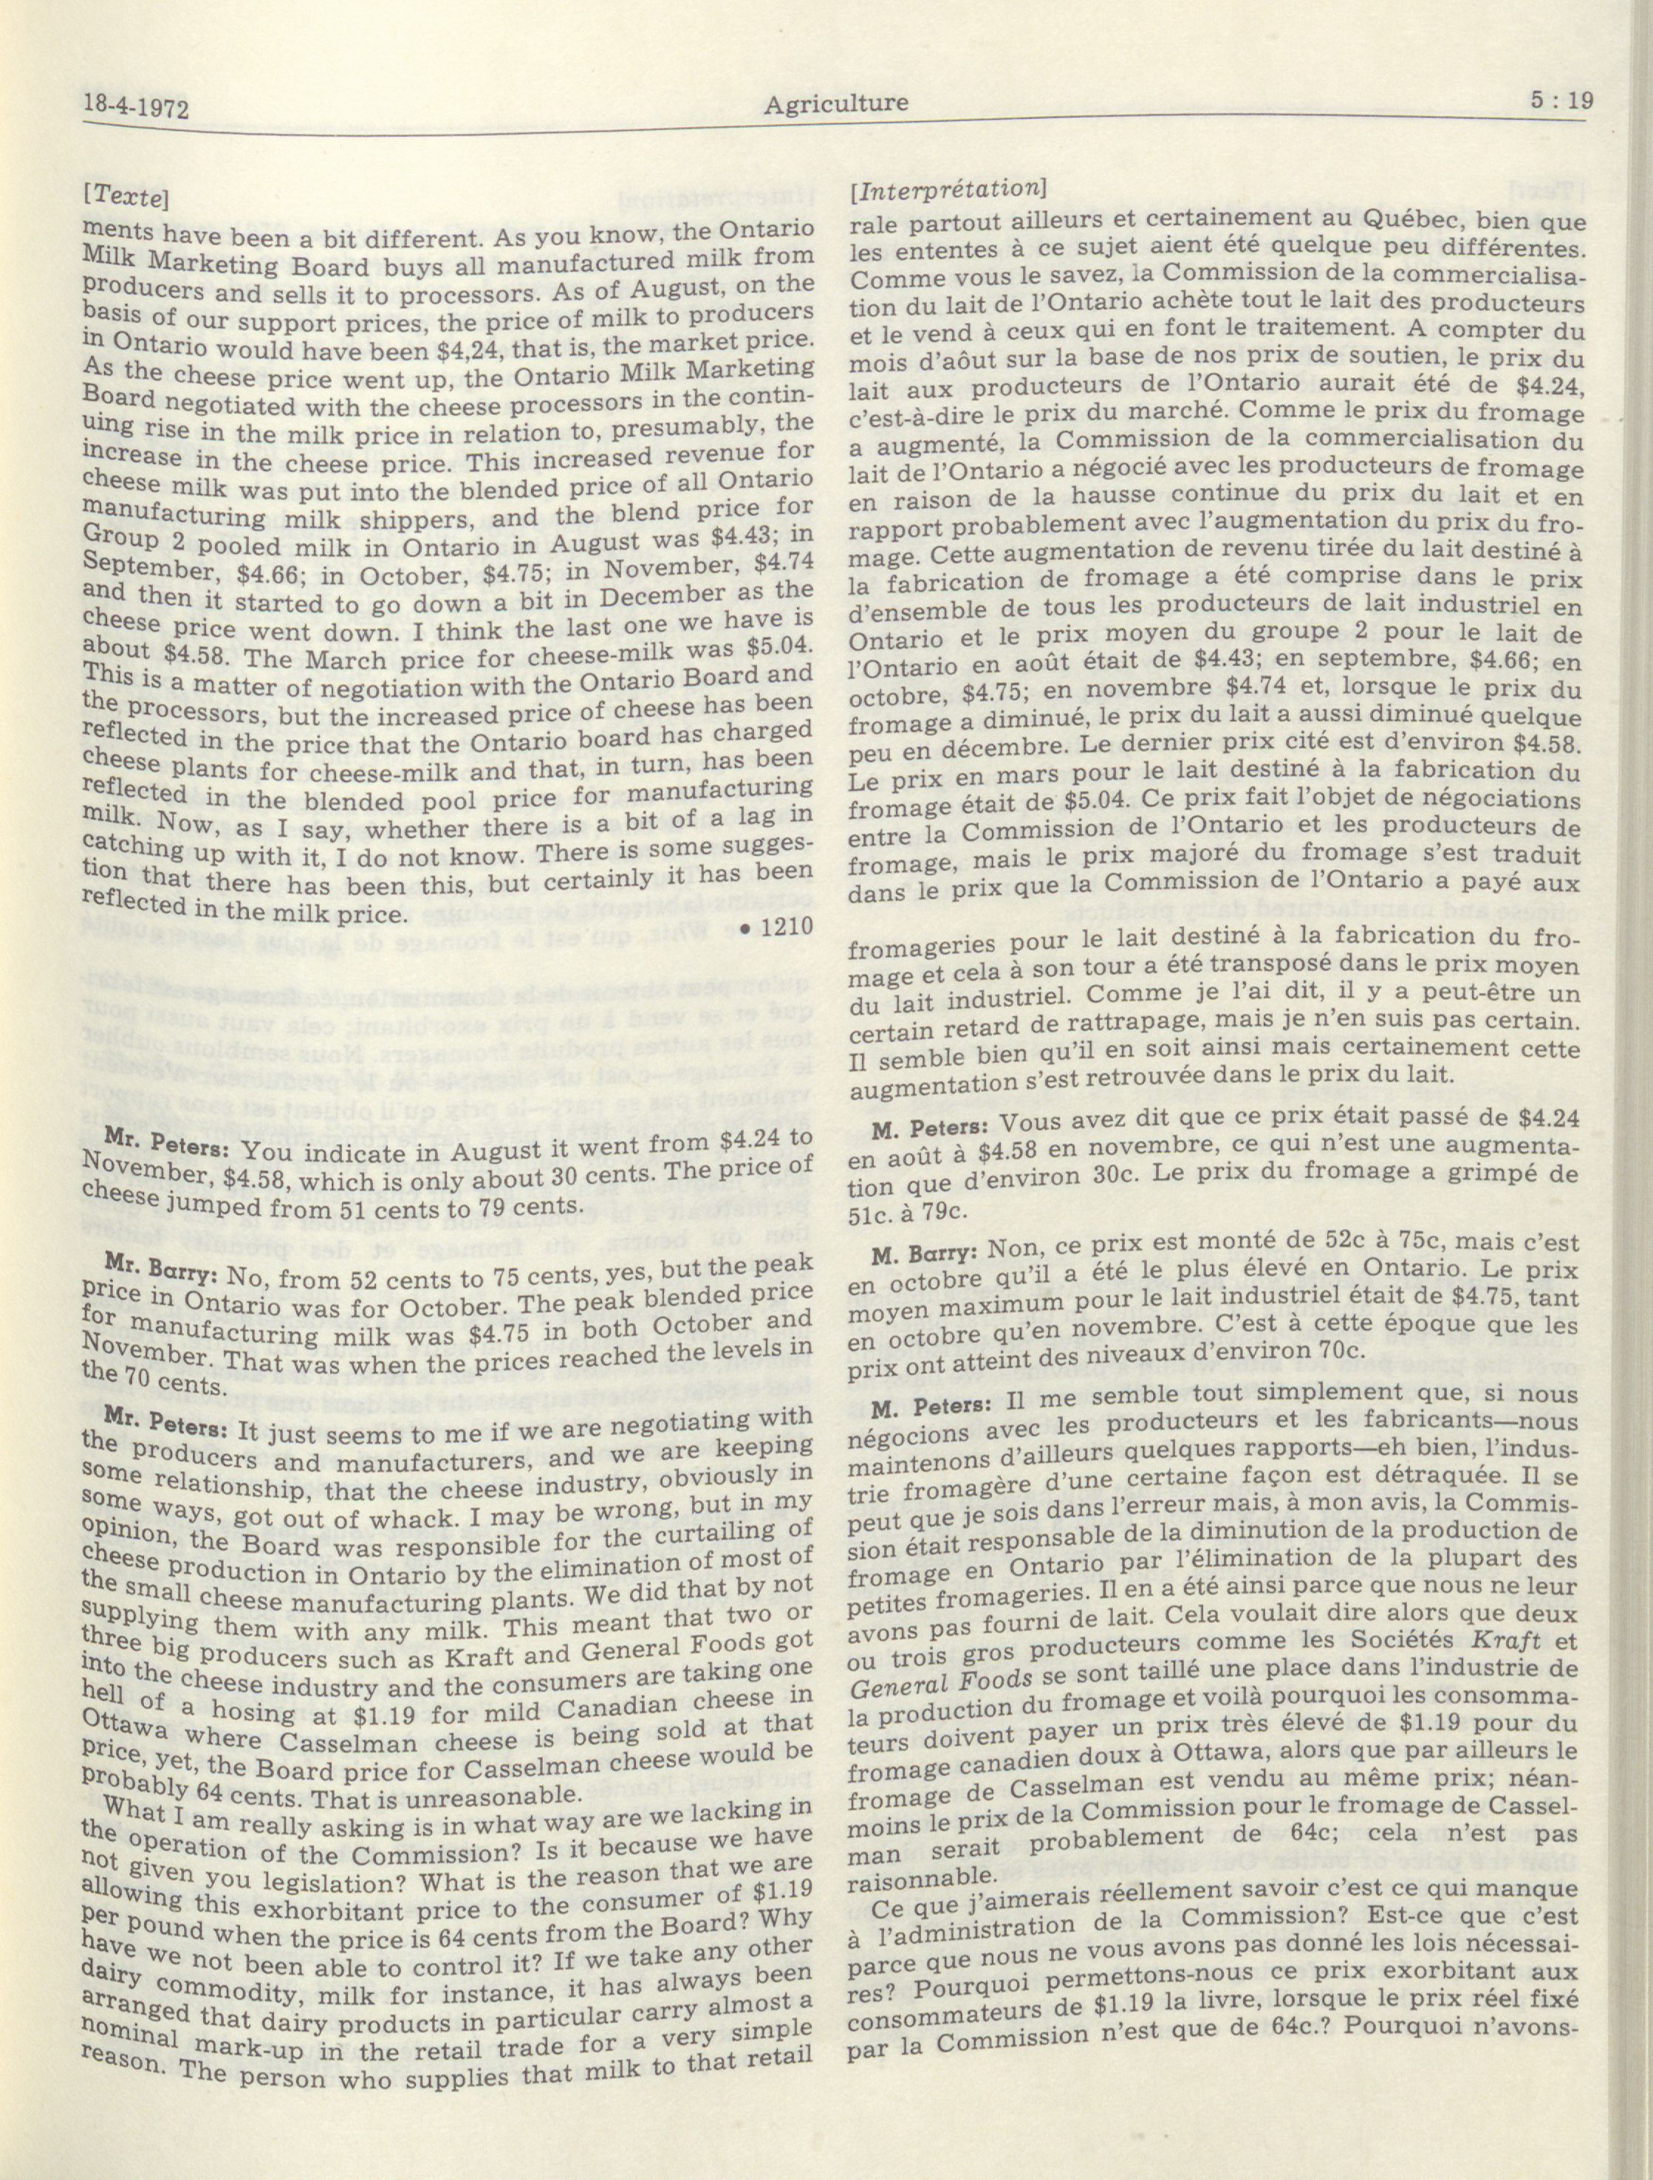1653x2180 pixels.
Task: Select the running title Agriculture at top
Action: [x=834, y=103]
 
